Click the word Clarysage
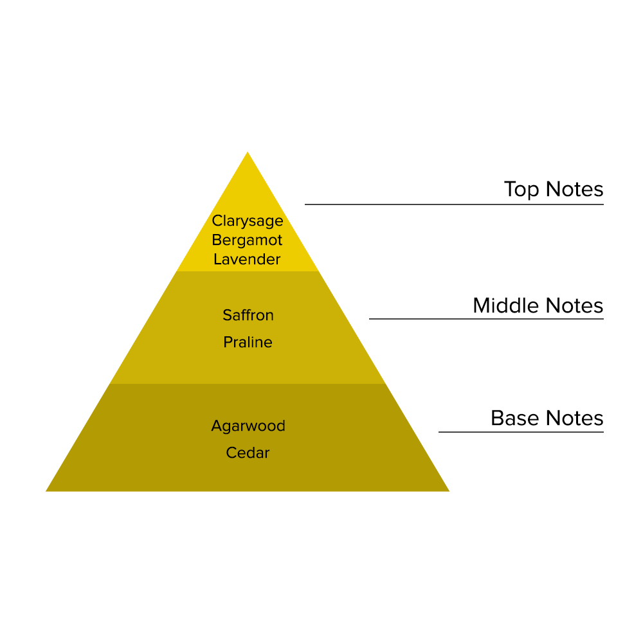(248, 221)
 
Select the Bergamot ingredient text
(248, 240)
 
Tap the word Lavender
(248, 260)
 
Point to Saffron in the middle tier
(248, 315)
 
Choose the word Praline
(248, 343)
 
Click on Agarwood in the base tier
(248, 426)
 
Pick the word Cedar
(248, 453)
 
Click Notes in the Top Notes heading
(574, 190)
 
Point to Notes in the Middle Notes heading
(574, 305)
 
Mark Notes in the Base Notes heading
(574, 418)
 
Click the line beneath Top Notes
(454, 204)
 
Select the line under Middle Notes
(486, 319)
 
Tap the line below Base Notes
(521, 432)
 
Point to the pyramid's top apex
(248, 153)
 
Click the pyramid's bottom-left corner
(48, 491)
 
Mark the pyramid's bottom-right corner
(448, 491)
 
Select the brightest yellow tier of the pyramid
(248, 193)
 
